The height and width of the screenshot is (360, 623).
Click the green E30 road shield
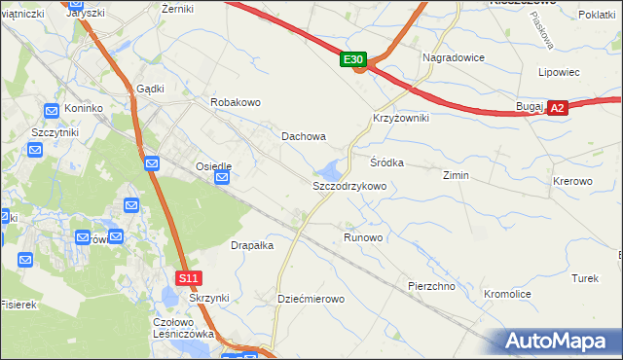353,60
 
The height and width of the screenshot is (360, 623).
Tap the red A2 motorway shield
557,109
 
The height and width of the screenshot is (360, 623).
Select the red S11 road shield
190,278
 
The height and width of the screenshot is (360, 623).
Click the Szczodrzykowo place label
349,185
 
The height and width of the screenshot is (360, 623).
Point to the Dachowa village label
304,137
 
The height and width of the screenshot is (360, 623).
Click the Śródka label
386,162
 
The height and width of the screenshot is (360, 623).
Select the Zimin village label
456,176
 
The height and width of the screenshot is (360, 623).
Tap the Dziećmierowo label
311,299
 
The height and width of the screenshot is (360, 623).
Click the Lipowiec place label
559,72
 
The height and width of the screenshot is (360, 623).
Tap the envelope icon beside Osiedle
223,178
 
